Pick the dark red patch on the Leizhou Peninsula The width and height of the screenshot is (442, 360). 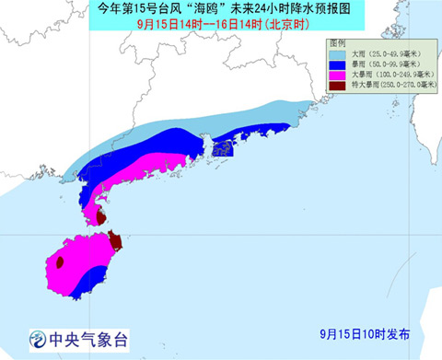(99, 217)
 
